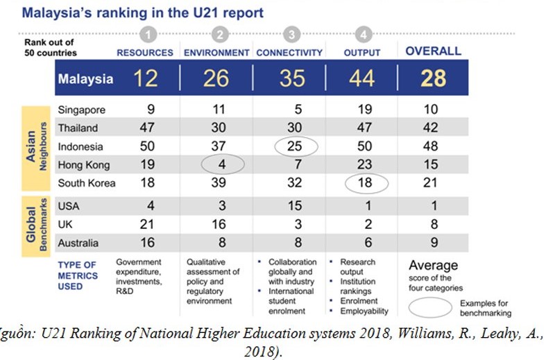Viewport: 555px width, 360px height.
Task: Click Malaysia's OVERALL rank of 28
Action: pyautogui.click(x=434, y=78)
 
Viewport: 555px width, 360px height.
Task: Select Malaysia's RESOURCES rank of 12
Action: pyautogui.click(x=146, y=78)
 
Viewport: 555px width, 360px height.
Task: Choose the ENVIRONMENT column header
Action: pyautogui.click(x=216, y=52)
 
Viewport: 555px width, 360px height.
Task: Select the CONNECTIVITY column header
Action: pyautogui.click(x=290, y=52)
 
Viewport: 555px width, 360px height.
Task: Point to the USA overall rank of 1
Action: pyautogui.click(x=433, y=207)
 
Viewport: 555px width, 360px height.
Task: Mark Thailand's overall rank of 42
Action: pyautogui.click(x=433, y=128)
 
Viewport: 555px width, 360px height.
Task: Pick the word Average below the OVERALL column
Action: pyautogui.click(x=434, y=265)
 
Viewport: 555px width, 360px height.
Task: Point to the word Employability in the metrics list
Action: pyautogui.click(x=365, y=311)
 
